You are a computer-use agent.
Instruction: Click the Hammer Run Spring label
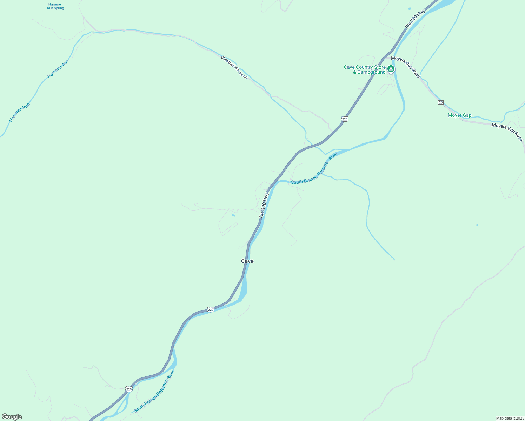coord(55,6)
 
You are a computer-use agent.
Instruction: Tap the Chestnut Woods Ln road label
coord(234,67)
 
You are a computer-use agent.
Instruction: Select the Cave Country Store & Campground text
coord(365,69)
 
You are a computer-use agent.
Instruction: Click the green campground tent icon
coord(391,69)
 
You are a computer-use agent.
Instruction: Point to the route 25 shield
coord(441,102)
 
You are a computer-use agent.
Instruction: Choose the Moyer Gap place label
coord(459,115)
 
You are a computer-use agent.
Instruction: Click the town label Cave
coord(247,261)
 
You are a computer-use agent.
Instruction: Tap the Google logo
coord(12,417)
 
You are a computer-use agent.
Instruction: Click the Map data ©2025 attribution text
coord(510,418)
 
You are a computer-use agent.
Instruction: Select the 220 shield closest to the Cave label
coord(210,309)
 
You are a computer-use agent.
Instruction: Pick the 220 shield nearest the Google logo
coord(129,389)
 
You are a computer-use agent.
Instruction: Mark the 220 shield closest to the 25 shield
coord(345,119)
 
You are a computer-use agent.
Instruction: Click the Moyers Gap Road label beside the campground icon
coord(405,67)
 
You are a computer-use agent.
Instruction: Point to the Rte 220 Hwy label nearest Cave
coord(264,205)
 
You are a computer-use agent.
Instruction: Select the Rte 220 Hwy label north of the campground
coord(415,19)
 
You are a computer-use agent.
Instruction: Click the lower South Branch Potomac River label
coord(154,391)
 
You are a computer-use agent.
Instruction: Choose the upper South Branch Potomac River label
coord(314,168)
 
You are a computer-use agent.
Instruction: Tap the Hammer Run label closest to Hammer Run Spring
coord(58,69)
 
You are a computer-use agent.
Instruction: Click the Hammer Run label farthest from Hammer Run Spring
coord(20,112)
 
